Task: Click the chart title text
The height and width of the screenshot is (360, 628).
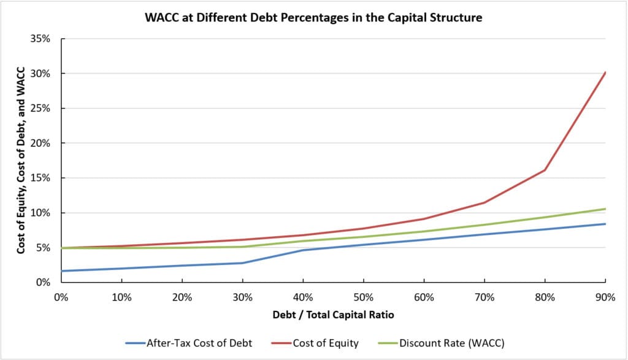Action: [313, 18]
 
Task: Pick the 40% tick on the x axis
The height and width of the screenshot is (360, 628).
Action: [303, 297]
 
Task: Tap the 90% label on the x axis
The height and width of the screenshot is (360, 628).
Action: [605, 297]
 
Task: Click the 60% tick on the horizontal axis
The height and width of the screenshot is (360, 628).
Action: [424, 297]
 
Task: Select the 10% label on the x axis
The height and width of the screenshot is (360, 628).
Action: [121, 297]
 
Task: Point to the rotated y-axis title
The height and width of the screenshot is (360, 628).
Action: [21, 161]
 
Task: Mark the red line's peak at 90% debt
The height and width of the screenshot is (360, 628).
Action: [605, 72]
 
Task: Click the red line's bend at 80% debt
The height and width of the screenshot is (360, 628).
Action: [545, 170]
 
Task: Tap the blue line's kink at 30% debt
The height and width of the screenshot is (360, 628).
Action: [242, 263]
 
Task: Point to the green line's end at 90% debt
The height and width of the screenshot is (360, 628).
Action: [605, 209]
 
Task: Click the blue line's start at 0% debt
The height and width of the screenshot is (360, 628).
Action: [61, 271]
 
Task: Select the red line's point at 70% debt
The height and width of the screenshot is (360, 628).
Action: [484, 202]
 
